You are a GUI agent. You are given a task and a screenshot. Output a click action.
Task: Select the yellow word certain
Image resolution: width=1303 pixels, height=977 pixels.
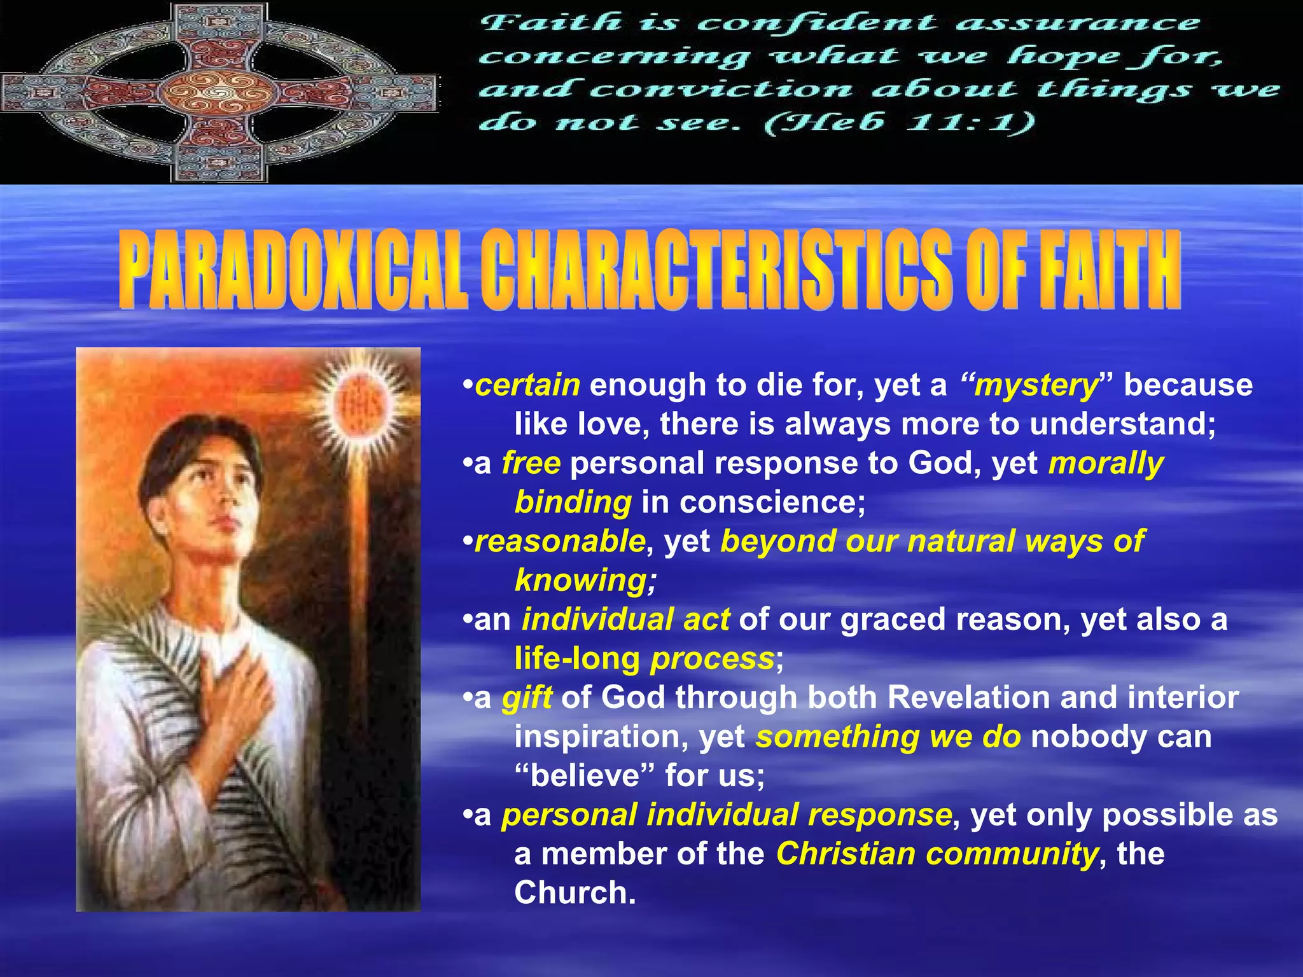[x=527, y=385]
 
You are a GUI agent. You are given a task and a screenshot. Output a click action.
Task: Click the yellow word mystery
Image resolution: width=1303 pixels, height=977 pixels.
[x=1036, y=385]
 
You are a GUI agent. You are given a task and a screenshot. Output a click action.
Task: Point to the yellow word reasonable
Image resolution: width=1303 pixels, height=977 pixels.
[x=560, y=541]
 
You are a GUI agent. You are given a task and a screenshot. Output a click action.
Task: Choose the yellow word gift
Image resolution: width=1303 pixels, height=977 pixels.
[x=527, y=697]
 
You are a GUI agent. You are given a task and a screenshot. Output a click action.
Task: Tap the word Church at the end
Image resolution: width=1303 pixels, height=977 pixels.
[x=574, y=892]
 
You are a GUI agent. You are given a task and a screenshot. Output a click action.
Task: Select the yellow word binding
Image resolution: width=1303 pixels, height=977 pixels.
[x=573, y=502]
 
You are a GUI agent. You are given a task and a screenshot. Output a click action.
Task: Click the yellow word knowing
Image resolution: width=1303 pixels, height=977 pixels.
[x=584, y=580]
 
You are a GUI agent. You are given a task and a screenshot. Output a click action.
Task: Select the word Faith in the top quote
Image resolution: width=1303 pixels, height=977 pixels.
[x=550, y=24]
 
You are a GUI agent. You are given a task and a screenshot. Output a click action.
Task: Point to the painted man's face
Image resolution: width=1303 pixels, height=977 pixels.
[x=210, y=502]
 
